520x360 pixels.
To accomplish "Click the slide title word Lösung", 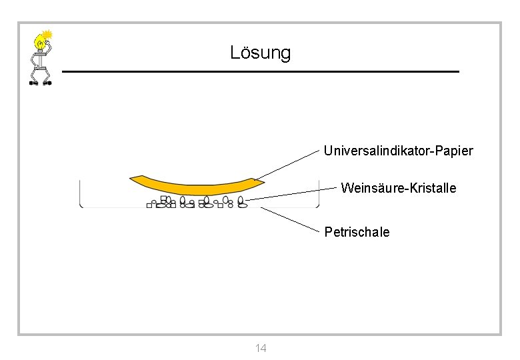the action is pos(260,53).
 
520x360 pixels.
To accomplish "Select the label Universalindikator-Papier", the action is pos(398,151).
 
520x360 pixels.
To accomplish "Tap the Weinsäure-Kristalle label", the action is pos(398,188).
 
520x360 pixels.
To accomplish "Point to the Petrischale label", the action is pos(357,232).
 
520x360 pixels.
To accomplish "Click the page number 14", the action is pos(261,348).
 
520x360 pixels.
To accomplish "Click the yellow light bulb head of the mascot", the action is pos(42,45).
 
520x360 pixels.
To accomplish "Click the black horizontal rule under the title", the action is pos(260,71).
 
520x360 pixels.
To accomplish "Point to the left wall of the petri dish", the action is pos(80,193).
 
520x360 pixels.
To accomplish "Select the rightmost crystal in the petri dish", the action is pos(242,203).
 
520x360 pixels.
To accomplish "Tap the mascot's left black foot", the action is pos(33,83).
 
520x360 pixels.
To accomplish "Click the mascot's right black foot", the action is pos(48,83).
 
